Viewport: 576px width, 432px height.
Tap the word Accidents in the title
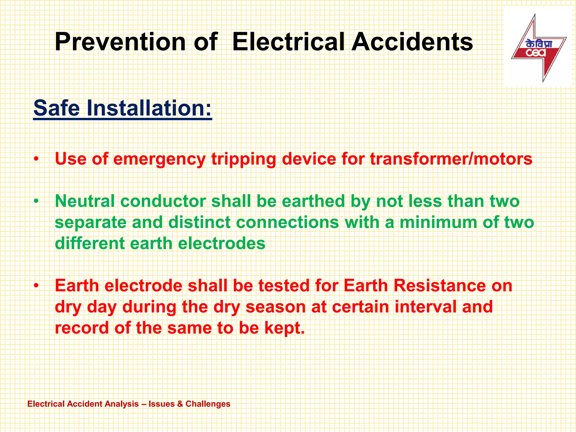(412, 42)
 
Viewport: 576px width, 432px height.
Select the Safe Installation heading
(122, 108)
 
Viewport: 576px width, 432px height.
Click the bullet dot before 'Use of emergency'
(36, 159)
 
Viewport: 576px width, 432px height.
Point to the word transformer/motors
(451, 159)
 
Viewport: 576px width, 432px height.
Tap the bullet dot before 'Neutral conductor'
(36, 201)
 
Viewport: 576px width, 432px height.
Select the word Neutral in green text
(85, 201)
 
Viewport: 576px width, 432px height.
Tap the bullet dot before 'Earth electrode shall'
(36, 286)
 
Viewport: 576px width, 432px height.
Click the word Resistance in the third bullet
(440, 286)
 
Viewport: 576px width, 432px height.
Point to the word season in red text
(276, 307)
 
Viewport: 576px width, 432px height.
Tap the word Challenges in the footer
(208, 404)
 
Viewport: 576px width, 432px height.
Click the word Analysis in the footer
(122, 404)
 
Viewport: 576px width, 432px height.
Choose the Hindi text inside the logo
(539, 44)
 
